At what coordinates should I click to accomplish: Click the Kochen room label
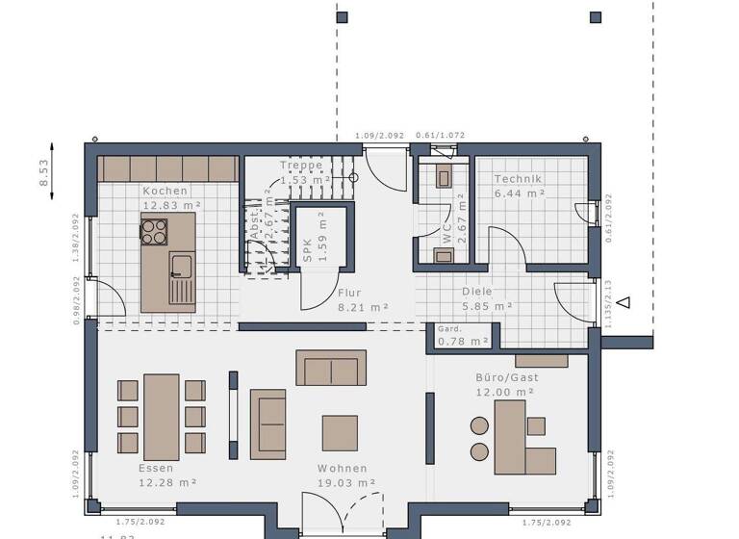[x=166, y=191]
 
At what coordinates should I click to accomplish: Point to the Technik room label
[x=519, y=179]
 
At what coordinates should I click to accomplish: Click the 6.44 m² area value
[x=520, y=193]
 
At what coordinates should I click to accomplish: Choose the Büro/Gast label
[x=506, y=377]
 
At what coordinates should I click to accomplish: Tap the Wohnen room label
[x=344, y=469]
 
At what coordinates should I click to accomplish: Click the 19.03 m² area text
[x=346, y=482]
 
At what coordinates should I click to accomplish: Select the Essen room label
[x=156, y=469]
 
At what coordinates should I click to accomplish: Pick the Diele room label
[x=478, y=293]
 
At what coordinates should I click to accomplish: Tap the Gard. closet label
[x=450, y=328]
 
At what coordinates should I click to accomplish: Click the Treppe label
[x=300, y=165]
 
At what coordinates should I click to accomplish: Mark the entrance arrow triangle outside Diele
[x=624, y=302]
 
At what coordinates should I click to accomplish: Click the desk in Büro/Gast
[x=511, y=437]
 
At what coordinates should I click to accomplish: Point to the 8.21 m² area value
[x=363, y=307]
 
